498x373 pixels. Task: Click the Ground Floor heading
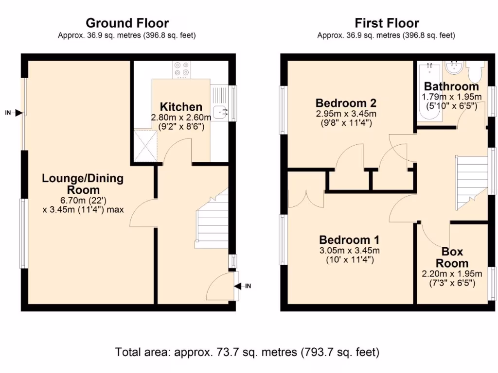click(x=127, y=23)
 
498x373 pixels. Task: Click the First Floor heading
click(x=387, y=23)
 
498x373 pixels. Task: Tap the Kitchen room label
click(x=181, y=107)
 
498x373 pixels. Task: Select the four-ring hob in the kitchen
click(x=182, y=69)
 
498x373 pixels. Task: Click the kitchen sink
click(x=221, y=112)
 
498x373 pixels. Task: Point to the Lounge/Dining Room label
click(x=83, y=184)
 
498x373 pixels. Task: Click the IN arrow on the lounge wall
click(x=18, y=113)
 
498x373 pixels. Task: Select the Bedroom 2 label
click(x=346, y=103)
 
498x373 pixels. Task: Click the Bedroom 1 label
click(x=349, y=240)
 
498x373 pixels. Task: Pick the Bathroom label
click(x=451, y=86)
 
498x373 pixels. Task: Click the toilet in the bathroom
click(x=474, y=72)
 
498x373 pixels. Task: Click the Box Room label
click(x=452, y=257)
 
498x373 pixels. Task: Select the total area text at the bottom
click(x=247, y=352)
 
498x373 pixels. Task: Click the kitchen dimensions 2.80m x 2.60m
click(x=181, y=118)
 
